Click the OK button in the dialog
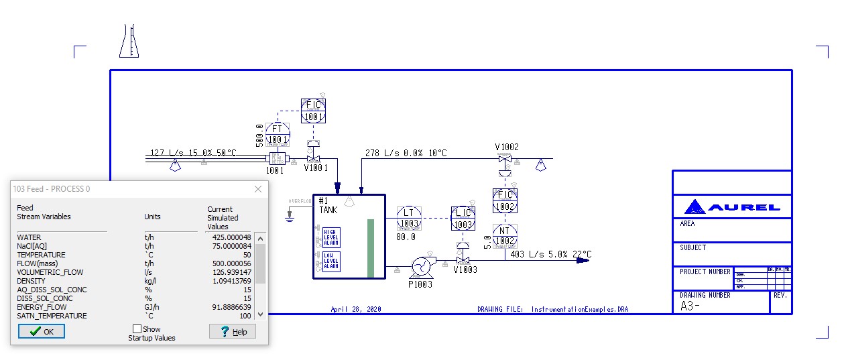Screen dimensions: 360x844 click(42, 331)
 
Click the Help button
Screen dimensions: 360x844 click(233, 331)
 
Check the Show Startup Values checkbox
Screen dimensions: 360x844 click(137, 328)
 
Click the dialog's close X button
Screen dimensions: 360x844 click(258, 189)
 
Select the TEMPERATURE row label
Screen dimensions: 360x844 click(41, 255)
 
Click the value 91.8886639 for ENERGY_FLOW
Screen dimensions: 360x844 click(229, 307)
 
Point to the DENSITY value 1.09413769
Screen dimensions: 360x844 click(229, 281)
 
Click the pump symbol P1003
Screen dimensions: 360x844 click(422, 266)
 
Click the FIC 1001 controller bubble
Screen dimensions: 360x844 click(313, 111)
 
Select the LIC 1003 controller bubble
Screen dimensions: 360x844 click(463, 219)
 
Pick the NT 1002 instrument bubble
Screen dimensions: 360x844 click(505, 236)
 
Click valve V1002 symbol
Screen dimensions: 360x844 click(505, 159)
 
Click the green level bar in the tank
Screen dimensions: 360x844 click(370, 247)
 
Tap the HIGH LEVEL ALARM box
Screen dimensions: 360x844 click(331, 237)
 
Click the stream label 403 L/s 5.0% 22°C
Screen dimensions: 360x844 click(551, 254)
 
